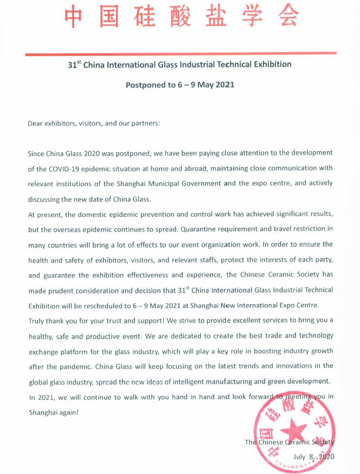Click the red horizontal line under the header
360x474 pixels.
[x=180, y=53]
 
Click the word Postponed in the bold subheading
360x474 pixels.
[x=145, y=85]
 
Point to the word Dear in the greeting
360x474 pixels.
[x=36, y=124]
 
